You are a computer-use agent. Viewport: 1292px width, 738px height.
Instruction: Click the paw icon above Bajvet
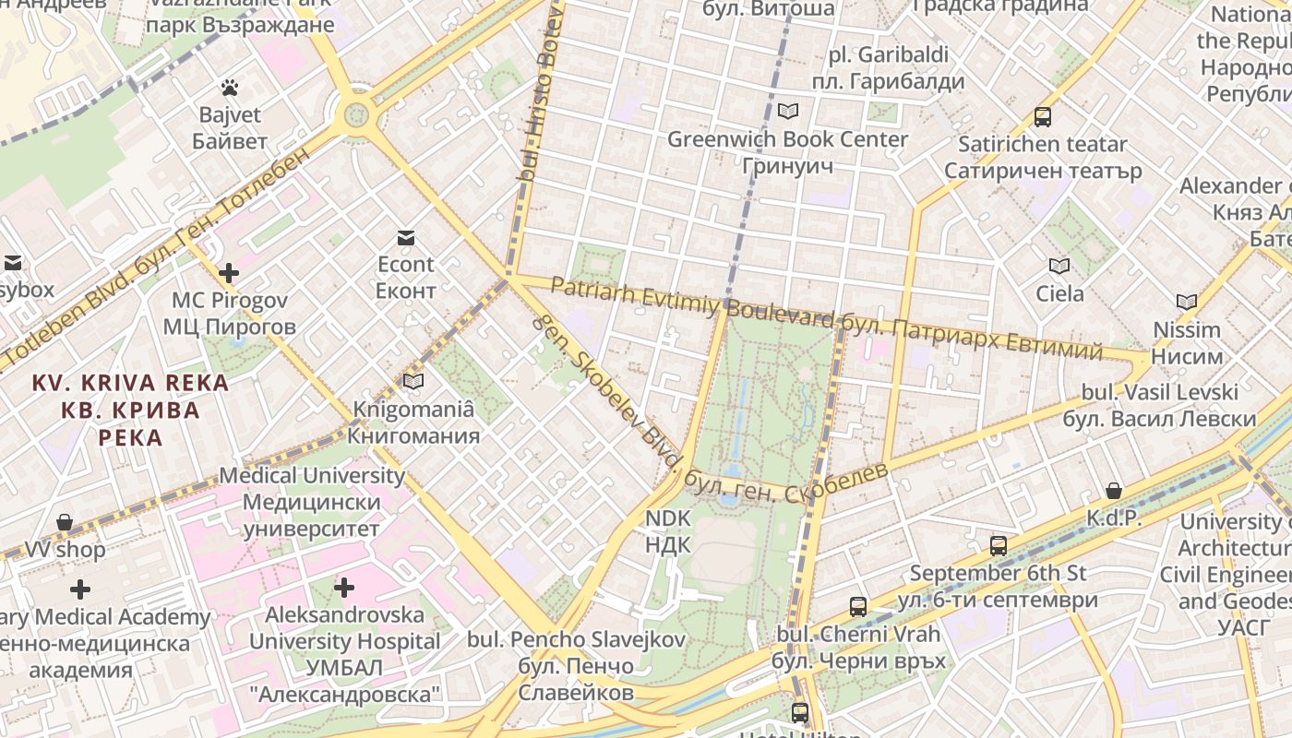(230, 88)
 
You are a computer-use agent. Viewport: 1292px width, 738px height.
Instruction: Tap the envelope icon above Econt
(405, 238)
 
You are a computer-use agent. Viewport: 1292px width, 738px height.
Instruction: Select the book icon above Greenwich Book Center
(787, 112)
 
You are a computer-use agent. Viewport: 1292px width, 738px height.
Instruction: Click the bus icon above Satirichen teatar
(1043, 117)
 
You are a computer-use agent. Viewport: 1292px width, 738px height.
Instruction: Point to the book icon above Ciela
(1059, 267)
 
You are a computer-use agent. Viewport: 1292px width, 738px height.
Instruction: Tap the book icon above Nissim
(1187, 302)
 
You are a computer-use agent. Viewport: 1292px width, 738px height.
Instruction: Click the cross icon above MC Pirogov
(229, 273)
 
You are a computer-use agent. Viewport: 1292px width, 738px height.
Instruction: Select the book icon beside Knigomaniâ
(413, 381)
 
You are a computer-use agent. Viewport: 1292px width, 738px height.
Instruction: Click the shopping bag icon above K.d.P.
(1114, 491)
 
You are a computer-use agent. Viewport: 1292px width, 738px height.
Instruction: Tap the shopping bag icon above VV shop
(65, 522)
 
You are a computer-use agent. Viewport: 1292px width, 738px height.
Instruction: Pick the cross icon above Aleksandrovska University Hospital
(344, 587)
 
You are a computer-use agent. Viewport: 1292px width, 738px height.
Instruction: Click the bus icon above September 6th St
(999, 545)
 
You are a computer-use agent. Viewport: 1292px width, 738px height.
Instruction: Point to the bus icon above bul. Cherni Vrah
(858, 606)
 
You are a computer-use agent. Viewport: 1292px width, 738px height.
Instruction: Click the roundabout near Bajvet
(356, 115)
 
